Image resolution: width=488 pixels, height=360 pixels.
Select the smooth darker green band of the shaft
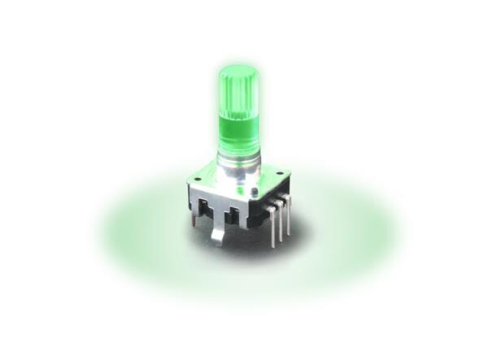pos(238,130)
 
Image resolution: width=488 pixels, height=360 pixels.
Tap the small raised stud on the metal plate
pos(255,192)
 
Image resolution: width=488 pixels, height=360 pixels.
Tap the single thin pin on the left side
pos(194,217)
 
